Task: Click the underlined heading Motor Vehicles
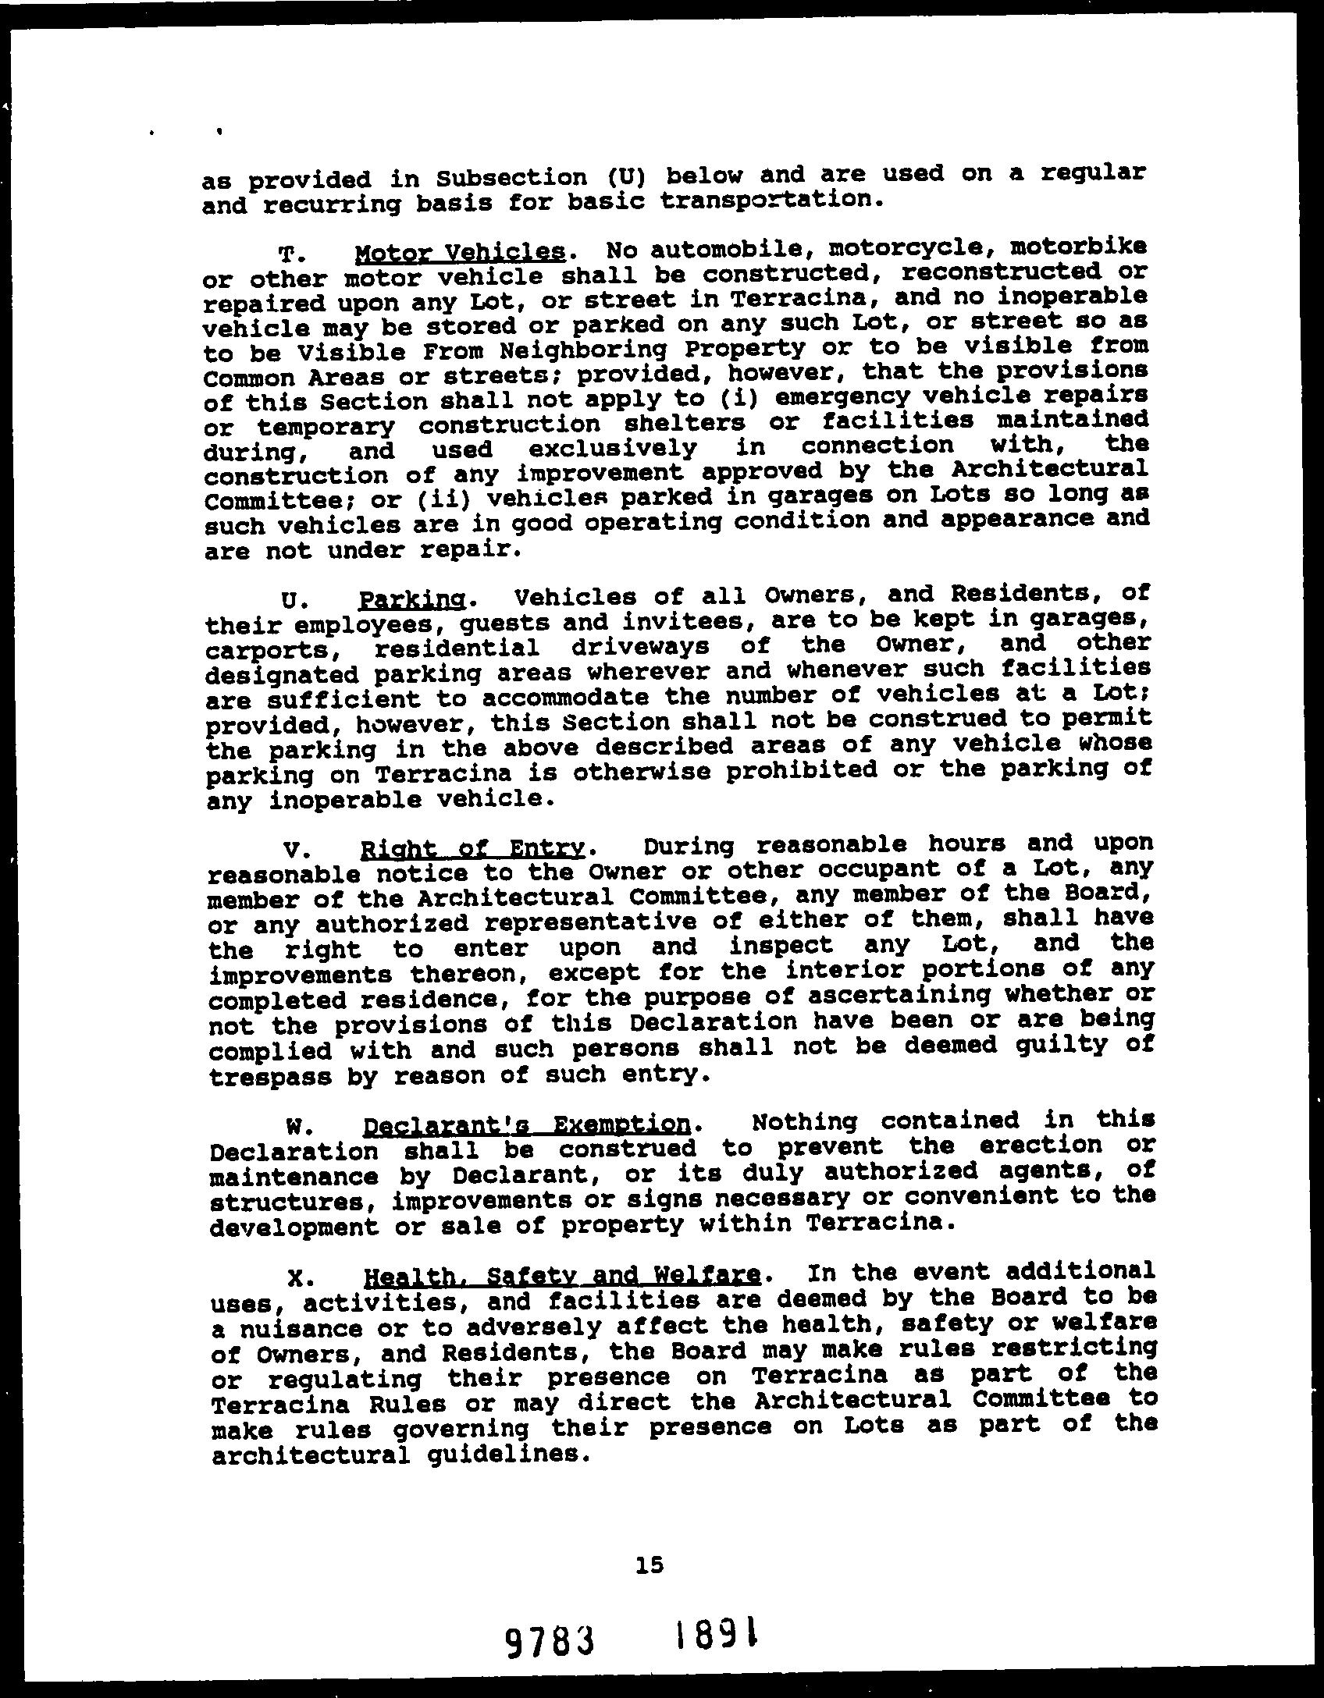[459, 252]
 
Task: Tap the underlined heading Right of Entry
[474, 848]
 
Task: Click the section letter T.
[288, 254]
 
